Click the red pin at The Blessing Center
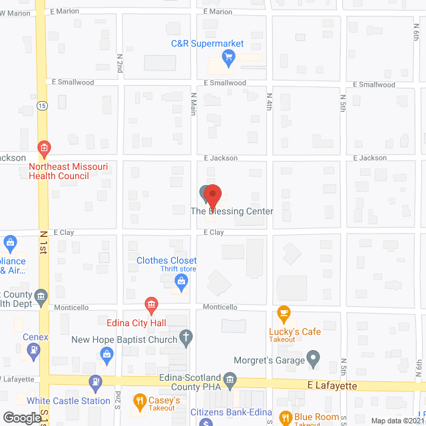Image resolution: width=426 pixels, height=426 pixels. coord(212,195)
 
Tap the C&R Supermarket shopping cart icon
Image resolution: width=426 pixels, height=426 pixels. coord(230,57)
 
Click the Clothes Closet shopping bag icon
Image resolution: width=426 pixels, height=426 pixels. coord(180,282)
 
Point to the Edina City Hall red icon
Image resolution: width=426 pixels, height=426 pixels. coord(151,306)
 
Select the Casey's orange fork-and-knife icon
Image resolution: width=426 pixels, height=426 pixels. coord(140,401)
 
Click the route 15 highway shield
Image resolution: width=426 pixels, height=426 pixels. coord(42,106)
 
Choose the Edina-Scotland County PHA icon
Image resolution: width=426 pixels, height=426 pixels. coord(230,381)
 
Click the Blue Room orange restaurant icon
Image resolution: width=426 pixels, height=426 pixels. coord(286,418)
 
